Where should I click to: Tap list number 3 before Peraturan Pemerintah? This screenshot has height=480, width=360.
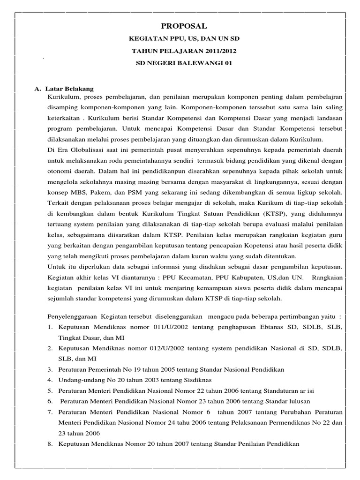50,369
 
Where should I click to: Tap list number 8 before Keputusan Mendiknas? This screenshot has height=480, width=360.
50,443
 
